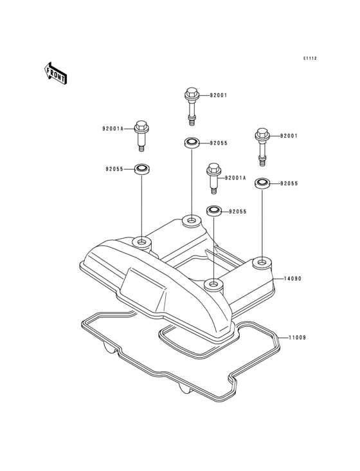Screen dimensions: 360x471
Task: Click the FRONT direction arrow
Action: tap(55, 73)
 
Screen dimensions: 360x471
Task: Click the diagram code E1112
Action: tap(310, 59)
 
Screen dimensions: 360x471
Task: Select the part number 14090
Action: tap(292, 279)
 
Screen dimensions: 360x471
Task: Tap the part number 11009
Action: tap(297, 338)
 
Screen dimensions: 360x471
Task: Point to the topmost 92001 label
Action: tap(218, 95)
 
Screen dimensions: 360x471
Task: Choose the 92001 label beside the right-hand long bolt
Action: tap(289, 136)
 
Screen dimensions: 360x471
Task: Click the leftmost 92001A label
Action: tap(113, 129)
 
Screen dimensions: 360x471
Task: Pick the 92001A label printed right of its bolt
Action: tap(235, 178)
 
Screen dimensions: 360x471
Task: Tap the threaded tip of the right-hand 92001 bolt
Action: tap(262, 163)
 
